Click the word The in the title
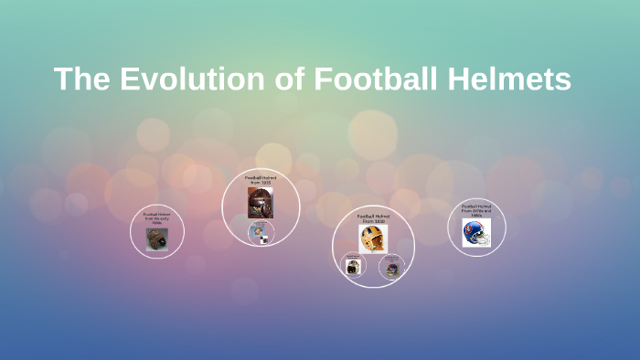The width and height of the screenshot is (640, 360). coord(82,79)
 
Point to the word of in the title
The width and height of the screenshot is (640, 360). coord(293,79)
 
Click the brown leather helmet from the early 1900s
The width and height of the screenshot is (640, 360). coord(157,239)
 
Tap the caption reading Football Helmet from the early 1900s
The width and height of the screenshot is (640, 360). coord(157,219)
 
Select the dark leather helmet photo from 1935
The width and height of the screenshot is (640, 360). coord(261,203)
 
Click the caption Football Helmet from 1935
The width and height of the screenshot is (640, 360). coord(261,180)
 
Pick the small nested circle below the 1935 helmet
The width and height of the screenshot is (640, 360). coord(260,232)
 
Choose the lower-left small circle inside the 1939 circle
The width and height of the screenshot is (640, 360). coord(353,268)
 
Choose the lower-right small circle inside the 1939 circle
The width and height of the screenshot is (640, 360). coord(390,270)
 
